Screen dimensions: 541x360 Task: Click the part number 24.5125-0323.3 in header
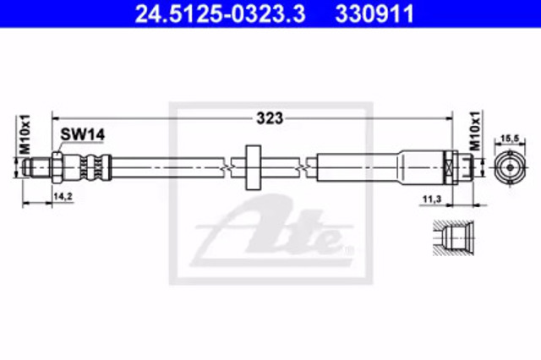click(x=220, y=14)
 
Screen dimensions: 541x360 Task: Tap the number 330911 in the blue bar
click(x=374, y=14)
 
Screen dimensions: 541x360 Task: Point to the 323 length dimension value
click(x=270, y=118)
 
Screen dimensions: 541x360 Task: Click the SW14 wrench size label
click(x=83, y=134)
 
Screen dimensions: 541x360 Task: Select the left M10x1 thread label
click(x=25, y=134)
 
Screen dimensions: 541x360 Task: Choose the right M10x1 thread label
click(x=475, y=131)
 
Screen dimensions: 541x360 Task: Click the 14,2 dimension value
click(x=63, y=196)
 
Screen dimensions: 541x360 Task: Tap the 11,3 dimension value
click(x=432, y=199)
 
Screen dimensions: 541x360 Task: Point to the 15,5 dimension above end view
click(x=510, y=139)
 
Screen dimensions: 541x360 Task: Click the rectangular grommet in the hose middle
click(x=253, y=167)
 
